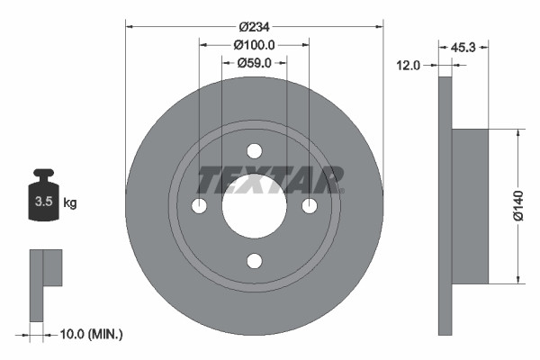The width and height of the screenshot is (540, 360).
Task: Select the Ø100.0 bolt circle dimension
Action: click(x=254, y=44)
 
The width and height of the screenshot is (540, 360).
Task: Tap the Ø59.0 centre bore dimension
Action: click(x=255, y=63)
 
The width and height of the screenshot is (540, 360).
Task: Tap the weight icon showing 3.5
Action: click(x=42, y=200)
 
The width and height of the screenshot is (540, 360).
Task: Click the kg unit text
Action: click(x=70, y=203)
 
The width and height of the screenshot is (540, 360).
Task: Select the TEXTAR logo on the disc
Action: click(x=271, y=179)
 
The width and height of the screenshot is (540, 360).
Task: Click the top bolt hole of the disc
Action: click(x=255, y=150)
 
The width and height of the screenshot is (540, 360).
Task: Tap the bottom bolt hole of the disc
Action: click(x=255, y=261)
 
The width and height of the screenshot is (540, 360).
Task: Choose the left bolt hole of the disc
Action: click(x=199, y=206)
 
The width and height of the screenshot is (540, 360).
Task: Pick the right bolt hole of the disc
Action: click(x=310, y=206)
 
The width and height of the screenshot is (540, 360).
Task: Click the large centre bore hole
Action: click(x=255, y=206)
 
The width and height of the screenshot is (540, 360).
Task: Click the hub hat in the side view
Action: click(x=469, y=206)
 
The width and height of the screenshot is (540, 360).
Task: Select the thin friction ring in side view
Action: click(x=444, y=206)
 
